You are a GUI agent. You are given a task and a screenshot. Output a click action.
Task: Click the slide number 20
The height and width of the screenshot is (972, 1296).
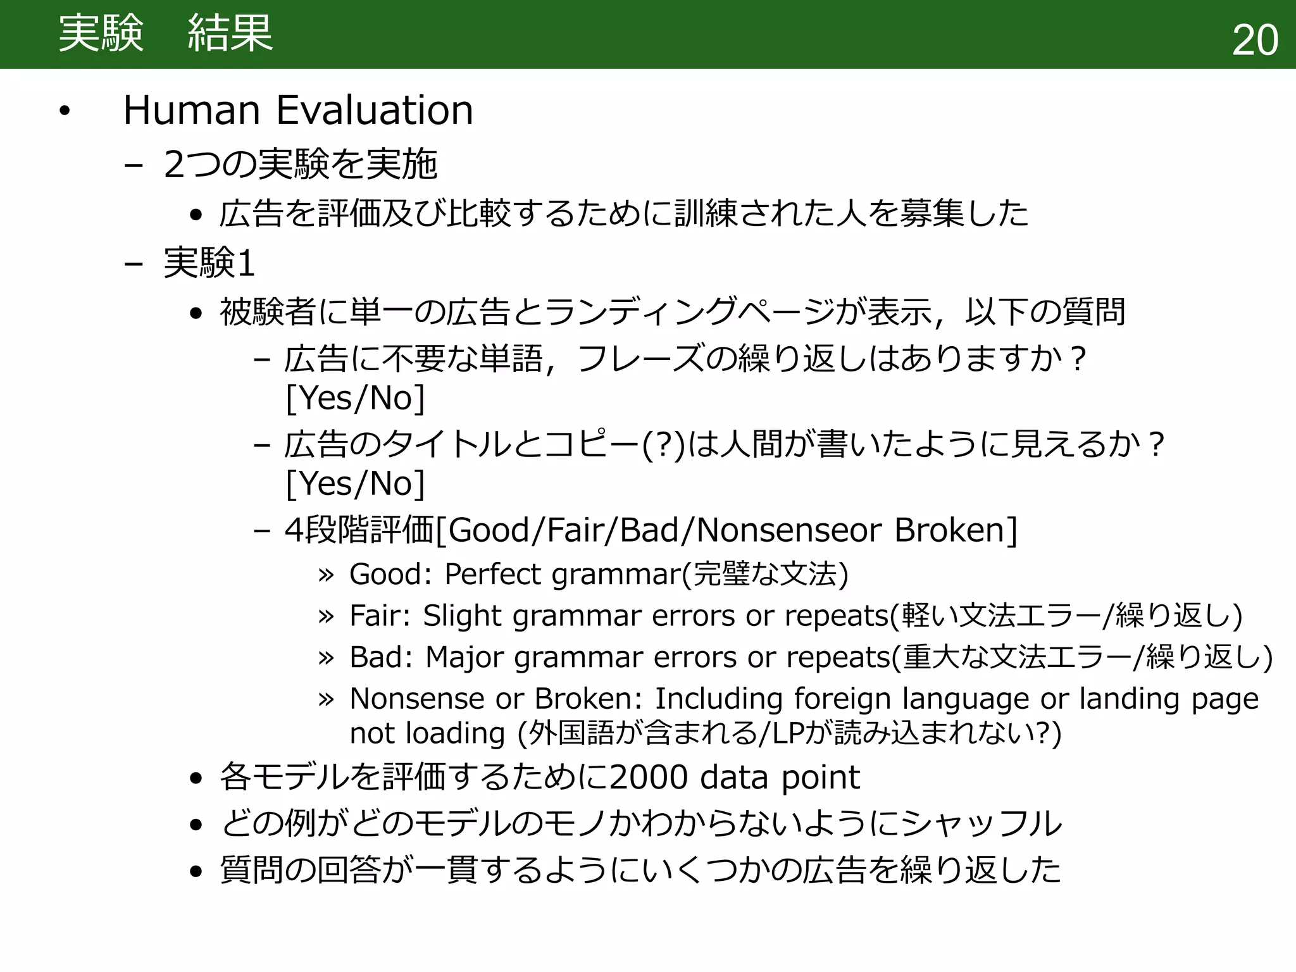pos(1255,40)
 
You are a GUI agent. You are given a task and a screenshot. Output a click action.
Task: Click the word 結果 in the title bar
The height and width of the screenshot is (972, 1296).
pos(230,34)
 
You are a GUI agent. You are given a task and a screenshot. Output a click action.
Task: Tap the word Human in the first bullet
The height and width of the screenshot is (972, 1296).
pos(192,110)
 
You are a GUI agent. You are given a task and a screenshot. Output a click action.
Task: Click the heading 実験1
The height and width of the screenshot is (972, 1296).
pos(209,263)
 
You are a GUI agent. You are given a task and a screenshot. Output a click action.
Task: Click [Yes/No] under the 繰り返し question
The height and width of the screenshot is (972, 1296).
pos(355,399)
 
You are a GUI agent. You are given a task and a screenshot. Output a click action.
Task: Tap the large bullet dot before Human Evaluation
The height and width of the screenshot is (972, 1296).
pos(64,112)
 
